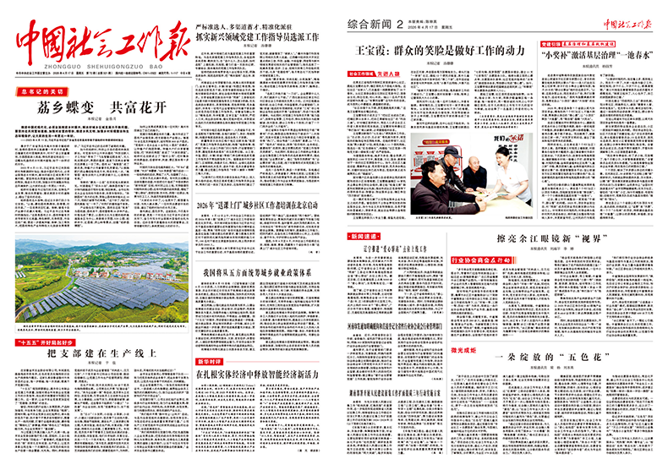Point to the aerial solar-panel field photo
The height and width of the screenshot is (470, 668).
click(101, 281)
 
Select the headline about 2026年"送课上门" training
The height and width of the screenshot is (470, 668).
click(257, 205)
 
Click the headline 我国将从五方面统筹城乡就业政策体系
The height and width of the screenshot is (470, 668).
click(257, 273)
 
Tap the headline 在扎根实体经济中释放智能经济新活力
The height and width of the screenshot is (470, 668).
click(257, 374)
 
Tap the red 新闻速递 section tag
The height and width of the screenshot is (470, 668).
click(365, 236)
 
